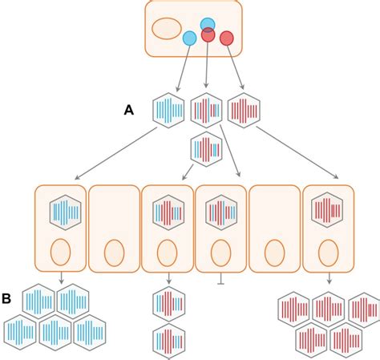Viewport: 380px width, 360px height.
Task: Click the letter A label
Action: tap(128, 111)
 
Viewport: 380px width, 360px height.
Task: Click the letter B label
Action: tap(7, 299)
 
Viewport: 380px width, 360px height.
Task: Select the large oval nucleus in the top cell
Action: tap(167, 28)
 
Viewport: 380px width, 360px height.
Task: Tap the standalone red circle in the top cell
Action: tap(227, 38)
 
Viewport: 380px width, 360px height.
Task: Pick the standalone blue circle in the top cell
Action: tap(189, 38)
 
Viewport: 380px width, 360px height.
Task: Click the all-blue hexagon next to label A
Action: tap(169, 111)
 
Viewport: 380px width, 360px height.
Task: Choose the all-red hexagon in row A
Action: tap(244, 111)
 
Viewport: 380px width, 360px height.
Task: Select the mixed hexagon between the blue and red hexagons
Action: tap(207, 111)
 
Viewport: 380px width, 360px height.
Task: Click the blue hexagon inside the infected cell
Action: tap(65, 212)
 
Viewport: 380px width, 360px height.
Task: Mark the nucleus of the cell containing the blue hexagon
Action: tap(61, 252)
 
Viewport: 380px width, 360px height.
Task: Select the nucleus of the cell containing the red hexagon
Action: tap(329, 252)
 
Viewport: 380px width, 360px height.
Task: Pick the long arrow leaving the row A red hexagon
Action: tap(297, 152)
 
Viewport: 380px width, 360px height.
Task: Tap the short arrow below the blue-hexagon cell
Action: tap(61, 277)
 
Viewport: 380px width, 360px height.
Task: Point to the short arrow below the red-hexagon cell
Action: tap(329, 277)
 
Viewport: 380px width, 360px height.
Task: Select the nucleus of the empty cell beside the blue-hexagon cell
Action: tap(114, 252)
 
